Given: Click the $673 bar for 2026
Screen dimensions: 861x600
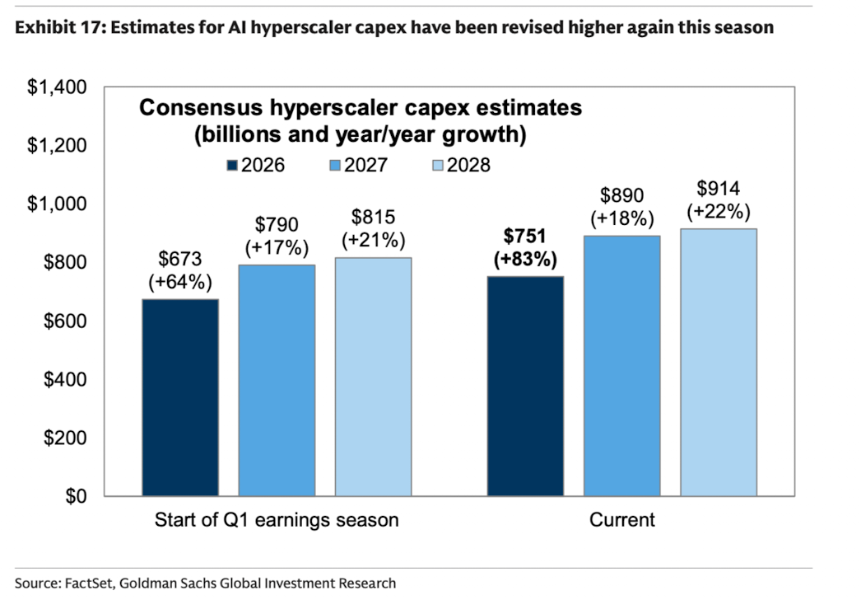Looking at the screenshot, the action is pyautogui.click(x=180, y=397).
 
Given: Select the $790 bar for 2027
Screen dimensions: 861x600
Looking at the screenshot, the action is pyautogui.click(x=277, y=381).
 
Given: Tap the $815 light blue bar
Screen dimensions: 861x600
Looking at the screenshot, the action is pyautogui.click(x=374, y=377).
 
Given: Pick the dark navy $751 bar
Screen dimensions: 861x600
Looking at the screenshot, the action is pyautogui.click(x=525, y=386).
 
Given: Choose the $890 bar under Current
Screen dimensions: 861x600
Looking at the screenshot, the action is pyautogui.click(x=622, y=366).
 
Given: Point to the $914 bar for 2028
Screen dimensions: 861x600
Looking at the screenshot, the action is pyautogui.click(x=719, y=363).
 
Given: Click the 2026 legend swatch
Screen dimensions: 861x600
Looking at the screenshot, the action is pyautogui.click(x=232, y=165).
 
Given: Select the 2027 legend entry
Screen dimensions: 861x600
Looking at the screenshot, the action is pyautogui.click(x=359, y=165).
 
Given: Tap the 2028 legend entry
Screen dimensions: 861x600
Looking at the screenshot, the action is pyautogui.click(x=461, y=165).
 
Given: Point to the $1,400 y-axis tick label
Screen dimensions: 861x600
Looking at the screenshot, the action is pyautogui.click(x=57, y=87).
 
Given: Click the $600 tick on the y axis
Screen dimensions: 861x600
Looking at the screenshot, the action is pyautogui.click(x=65, y=321).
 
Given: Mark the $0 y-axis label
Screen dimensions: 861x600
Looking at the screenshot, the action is pyautogui.click(x=76, y=496).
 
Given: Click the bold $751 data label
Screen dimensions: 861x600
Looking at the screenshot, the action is pyautogui.click(x=525, y=236).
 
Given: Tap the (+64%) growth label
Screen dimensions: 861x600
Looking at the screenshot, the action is pyautogui.click(x=180, y=282).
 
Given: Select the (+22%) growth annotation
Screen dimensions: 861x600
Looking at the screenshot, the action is pyautogui.click(x=719, y=212).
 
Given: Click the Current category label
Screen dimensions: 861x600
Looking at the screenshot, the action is pyautogui.click(x=622, y=520).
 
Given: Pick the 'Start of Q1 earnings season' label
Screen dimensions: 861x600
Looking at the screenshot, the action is pyautogui.click(x=277, y=520).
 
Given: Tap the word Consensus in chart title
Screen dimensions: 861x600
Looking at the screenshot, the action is pyautogui.click(x=200, y=107).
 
